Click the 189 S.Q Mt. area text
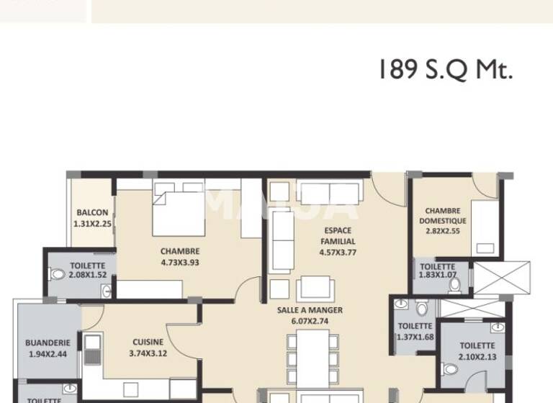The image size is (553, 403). pos(445,71)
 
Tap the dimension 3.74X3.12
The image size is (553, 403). pos(148,353)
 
